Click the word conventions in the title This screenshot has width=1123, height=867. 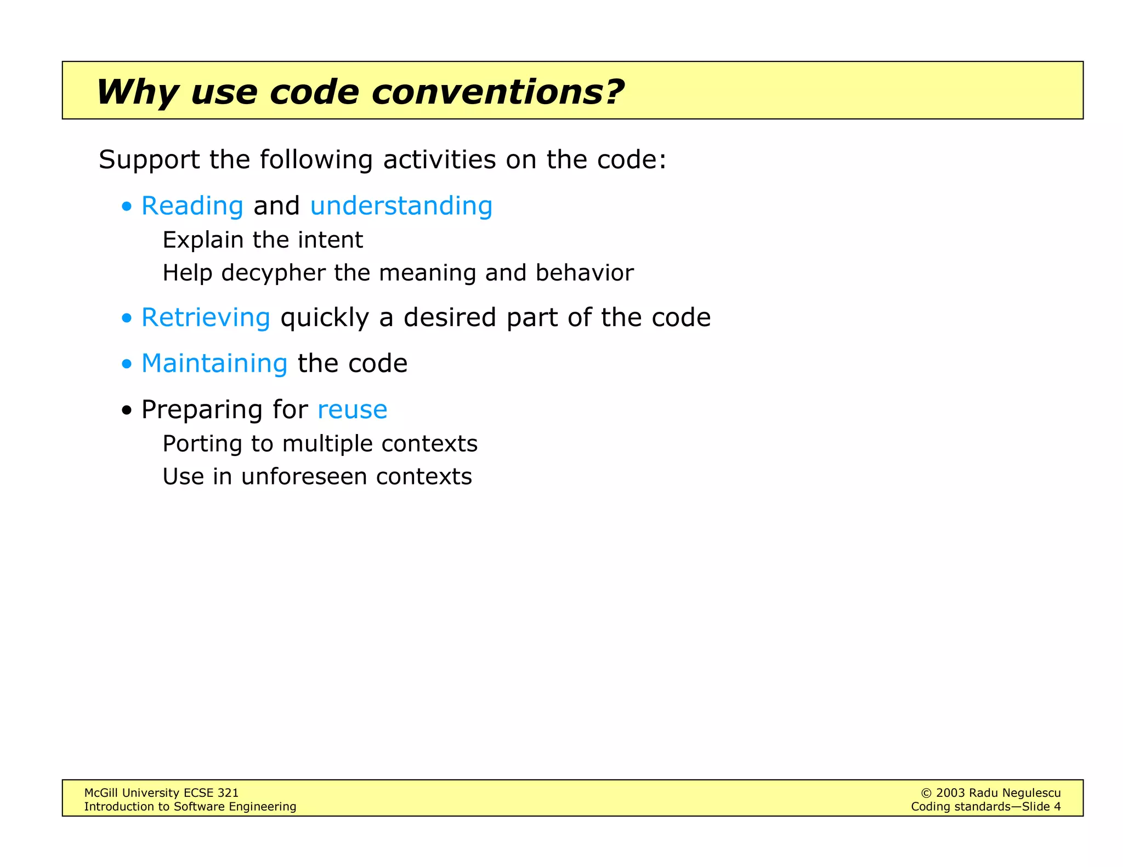498,92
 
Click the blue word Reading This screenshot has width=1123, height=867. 192,207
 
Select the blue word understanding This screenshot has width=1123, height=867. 401,207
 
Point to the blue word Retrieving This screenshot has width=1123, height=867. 206,318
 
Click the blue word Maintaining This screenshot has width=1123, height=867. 214,363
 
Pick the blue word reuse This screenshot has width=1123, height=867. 352,410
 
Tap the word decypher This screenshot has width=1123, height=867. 273,273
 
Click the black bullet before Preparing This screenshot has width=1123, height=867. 127,410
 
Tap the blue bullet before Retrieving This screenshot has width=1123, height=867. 127,318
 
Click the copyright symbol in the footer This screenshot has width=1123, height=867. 926,793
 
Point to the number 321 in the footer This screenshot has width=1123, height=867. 228,793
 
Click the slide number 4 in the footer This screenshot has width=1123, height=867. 1057,807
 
